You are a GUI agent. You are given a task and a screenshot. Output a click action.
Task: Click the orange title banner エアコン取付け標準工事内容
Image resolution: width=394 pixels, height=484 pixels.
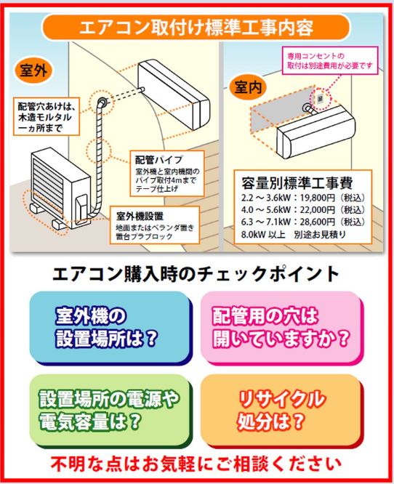point(196,27)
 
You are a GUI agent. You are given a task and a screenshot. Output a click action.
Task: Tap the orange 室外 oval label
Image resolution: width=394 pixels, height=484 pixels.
point(33,70)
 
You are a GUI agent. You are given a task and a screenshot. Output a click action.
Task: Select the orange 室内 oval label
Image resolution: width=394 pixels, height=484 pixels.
point(248,87)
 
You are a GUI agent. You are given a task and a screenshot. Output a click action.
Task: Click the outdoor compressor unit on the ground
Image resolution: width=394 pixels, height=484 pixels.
point(60,189)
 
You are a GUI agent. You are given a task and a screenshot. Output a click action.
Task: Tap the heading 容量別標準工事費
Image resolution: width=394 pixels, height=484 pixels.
point(297,183)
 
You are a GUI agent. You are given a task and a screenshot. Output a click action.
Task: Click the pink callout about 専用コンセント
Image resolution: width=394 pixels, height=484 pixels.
point(330,60)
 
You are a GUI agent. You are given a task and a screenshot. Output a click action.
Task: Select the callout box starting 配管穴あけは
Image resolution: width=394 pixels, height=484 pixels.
point(47,117)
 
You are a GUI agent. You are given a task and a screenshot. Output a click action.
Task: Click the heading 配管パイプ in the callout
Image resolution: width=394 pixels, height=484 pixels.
point(159,160)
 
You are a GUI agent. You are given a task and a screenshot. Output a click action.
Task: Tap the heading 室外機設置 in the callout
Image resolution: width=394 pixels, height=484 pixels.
point(140,216)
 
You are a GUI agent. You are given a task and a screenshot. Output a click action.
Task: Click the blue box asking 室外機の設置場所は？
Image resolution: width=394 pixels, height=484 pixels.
point(110,327)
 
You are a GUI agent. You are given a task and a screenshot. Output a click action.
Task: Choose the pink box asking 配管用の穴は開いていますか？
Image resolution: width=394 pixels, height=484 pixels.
point(281,327)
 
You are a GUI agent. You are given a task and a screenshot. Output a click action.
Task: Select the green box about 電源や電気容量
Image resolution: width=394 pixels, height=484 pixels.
point(110,411)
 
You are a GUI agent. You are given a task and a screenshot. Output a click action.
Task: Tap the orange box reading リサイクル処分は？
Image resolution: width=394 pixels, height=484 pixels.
point(281,411)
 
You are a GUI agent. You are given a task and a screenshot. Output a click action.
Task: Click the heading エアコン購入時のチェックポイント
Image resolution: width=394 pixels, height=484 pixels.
point(196,274)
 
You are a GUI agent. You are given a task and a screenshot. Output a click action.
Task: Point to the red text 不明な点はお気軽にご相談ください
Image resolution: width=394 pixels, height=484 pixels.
point(196,464)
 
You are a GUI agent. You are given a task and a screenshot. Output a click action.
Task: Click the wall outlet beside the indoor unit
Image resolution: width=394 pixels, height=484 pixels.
point(320,99)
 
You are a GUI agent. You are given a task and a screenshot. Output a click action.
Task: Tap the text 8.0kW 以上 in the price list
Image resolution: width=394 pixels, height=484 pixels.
point(263,235)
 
